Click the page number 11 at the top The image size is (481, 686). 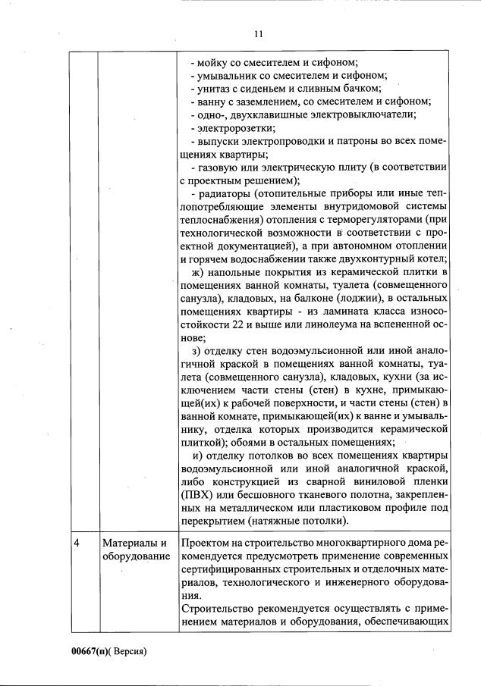[258, 34]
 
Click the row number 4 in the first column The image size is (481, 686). [77, 543]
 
